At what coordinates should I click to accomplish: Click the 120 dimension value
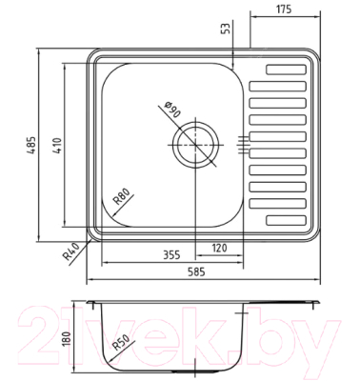tap(218, 250)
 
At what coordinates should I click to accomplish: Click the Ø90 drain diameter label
tap(172, 110)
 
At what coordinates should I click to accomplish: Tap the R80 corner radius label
tap(122, 198)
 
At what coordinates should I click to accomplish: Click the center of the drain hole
tap(196, 143)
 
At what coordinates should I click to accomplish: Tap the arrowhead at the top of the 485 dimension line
tap(41, 50)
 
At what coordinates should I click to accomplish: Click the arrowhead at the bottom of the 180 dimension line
tap(75, 370)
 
